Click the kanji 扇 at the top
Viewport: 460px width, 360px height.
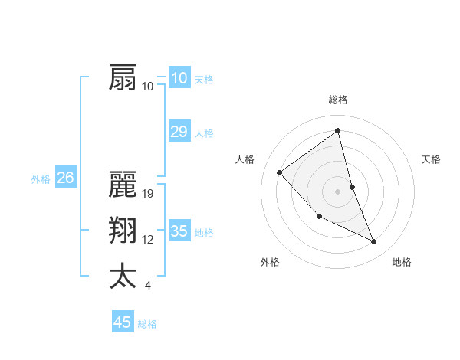coord(123,78)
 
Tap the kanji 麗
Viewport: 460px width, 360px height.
coord(123,185)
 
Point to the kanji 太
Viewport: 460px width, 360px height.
coord(123,276)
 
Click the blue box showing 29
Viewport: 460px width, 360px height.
coord(179,132)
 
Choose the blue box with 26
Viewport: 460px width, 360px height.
coord(65,178)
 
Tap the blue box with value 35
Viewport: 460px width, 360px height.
coord(179,231)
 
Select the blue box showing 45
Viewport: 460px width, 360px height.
coord(123,322)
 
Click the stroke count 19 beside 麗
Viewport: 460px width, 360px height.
coord(149,194)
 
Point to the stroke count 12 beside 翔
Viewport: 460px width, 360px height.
coord(148,240)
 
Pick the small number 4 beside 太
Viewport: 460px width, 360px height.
coord(147,286)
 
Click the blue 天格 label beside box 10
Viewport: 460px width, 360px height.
coord(204,80)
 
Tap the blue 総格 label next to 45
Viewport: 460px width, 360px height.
coord(147,324)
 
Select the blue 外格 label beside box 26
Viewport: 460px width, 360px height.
coord(41,179)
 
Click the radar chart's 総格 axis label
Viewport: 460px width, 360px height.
coord(338,100)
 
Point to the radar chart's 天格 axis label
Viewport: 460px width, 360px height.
coord(432,159)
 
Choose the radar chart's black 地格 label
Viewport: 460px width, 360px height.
coord(402,262)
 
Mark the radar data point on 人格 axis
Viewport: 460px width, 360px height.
coord(280,172)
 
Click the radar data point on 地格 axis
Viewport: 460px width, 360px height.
coord(374,242)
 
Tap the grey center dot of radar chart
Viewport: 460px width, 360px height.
coord(338,191)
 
